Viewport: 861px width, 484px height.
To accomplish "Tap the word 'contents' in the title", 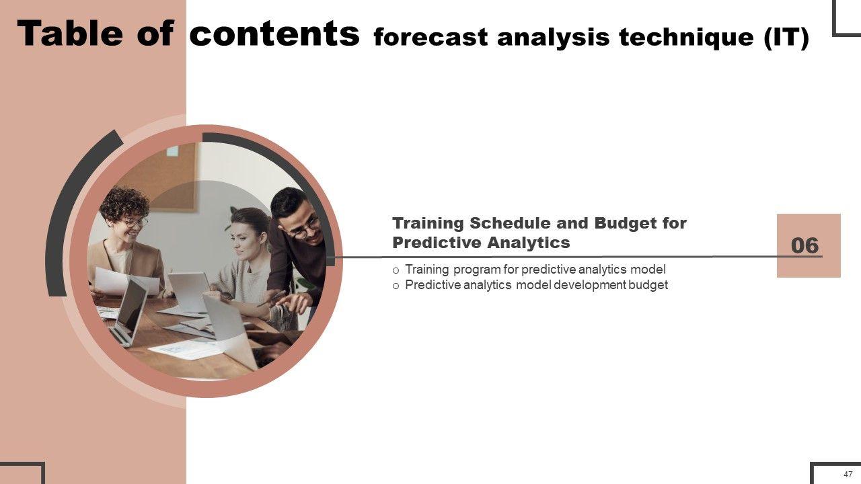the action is point(274,34).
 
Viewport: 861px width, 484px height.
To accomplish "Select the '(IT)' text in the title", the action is point(786,38).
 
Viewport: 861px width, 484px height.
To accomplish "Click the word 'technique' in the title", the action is point(687,38).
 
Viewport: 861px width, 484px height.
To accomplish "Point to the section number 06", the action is point(805,245).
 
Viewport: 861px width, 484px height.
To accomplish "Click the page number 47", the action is point(848,475).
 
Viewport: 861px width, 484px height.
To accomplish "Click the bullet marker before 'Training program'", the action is point(396,270).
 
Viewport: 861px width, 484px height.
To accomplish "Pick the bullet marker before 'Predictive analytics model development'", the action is point(396,286).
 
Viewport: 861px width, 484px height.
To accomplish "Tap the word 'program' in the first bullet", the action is point(476,270).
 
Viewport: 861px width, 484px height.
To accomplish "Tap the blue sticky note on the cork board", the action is point(172,151).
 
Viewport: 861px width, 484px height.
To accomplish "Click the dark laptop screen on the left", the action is point(131,305).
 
